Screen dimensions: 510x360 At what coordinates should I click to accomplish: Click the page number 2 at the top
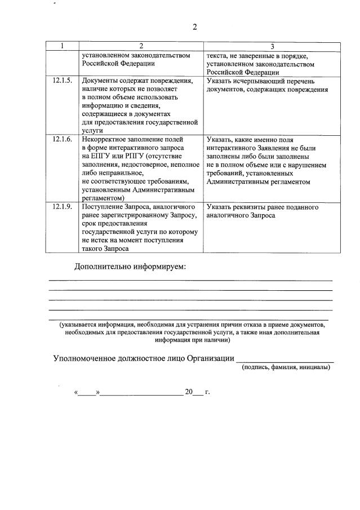(x=194, y=27)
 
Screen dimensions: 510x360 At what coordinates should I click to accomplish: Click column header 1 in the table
(x=62, y=46)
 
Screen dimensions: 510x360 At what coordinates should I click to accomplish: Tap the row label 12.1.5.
(x=62, y=81)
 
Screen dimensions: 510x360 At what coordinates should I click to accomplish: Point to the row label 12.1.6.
(x=62, y=139)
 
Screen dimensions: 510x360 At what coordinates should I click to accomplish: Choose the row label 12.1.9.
(x=62, y=207)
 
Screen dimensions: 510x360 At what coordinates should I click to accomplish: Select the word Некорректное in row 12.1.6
(x=105, y=139)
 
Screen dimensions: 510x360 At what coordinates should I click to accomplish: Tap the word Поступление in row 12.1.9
(x=103, y=207)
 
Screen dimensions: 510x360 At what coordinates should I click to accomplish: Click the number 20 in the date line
(x=188, y=391)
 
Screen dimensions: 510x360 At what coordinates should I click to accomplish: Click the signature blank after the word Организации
(x=285, y=360)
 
